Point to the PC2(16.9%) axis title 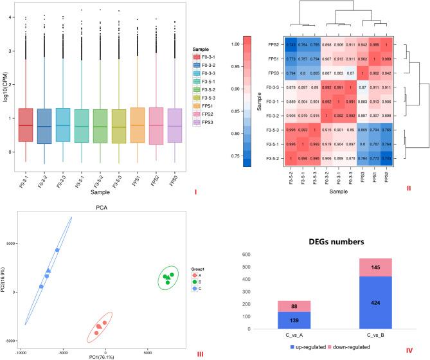coord(5,278)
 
